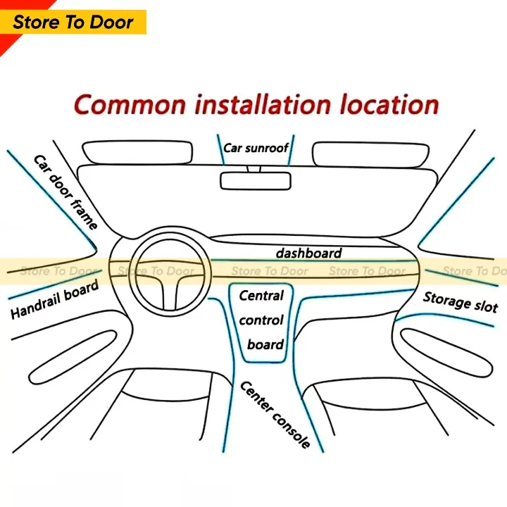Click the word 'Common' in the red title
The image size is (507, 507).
[x=130, y=105]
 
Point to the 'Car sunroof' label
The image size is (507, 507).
[x=256, y=149]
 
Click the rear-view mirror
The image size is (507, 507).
[x=256, y=180]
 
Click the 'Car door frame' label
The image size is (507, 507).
[x=65, y=192]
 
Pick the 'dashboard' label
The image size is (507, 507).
[x=308, y=253]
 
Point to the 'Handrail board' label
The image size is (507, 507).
[x=54, y=301]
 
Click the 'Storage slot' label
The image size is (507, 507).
[x=461, y=301]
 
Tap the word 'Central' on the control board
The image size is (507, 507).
[x=261, y=296]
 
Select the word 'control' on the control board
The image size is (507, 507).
[x=261, y=320]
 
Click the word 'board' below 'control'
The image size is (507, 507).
[x=265, y=345]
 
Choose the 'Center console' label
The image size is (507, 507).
[x=275, y=415]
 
